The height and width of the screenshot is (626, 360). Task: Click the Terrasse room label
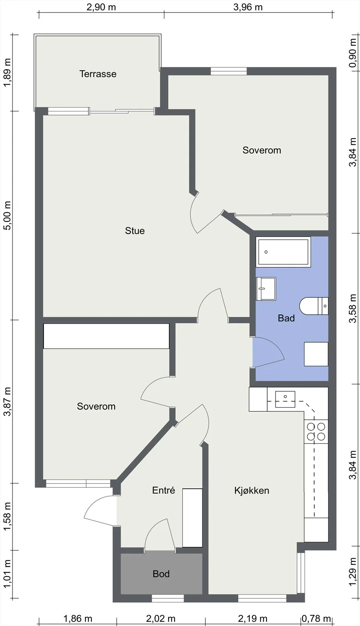pyautogui.click(x=98, y=74)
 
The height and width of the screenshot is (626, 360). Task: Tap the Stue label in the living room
pyautogui.click(x=135, y=230)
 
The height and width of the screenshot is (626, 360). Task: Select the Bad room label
pyautogui.click(x=286, y=318)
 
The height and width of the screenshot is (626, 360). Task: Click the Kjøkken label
pyautogui.click(x=252, y=491)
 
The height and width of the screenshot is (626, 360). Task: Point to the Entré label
pyautogui.click(x=164, y=490)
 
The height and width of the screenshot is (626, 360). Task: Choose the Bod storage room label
pyautogui.click(x=161, y=574)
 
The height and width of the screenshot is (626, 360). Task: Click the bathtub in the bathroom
pyautogui.click(x=283, y=252)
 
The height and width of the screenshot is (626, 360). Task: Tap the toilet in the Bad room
pyautogui.click(x=313, y=306)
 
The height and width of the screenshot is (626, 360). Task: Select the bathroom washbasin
pyautogui.click(x=266, y=289)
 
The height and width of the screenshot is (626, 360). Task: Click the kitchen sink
pyautogui.click(x=285, y=399)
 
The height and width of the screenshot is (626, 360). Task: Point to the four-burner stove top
pyautogui.click(x=316, y=432)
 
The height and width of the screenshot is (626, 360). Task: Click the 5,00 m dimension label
pyautogui.click(x=7, y=216)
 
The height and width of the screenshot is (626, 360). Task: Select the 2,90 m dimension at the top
pyautogui.click(x=101, y=7)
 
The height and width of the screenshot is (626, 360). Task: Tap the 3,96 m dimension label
pyautogui.click(x=248, y=7)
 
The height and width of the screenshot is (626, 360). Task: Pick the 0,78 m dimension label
pyautogui.click(x=317, y=619)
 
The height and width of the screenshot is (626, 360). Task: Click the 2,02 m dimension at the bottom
pyautogui.click(x=161, y=619)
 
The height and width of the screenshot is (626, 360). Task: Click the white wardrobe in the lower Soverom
pyautogui.click(x=106, y=336)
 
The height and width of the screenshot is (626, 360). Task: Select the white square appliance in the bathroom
pyautogui.click(x=316, y=354)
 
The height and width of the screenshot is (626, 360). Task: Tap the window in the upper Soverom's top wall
pyautogui.click(x=229, y=71)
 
